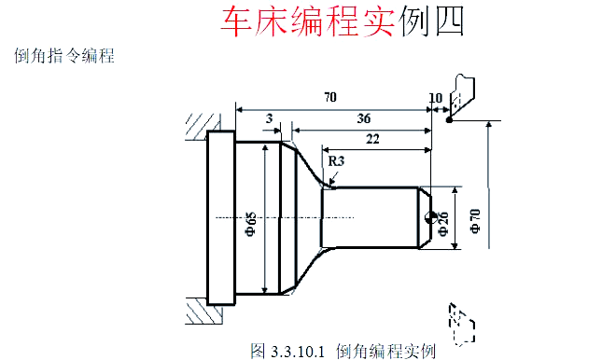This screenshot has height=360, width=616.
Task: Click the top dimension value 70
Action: pyautogui.click(x=329, y=96)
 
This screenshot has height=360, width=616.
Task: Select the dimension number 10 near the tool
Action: pyautogui.click(x=436, y=97)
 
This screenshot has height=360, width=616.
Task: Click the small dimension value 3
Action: pyautogui.click(x=269, y=118)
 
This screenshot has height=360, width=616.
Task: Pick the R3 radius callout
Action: pyautogui.click(x=337, y=161)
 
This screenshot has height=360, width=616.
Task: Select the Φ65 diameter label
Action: pyautogui.click(x=250, y=223)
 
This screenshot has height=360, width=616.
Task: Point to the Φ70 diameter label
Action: pyautogui.click(x=475, y=221)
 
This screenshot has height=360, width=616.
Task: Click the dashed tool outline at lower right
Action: pyautogui.click(x=458, y=320)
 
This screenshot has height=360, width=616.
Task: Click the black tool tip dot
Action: pyautogui.click(x=449, y=119)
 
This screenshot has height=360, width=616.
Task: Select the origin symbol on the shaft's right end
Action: pyautogui.click(x=430, y=217)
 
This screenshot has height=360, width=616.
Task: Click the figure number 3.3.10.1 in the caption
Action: pyautogui.click(x=296, y=351)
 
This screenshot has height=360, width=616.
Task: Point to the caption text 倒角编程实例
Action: pyautogui.click(x=385, y=351)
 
